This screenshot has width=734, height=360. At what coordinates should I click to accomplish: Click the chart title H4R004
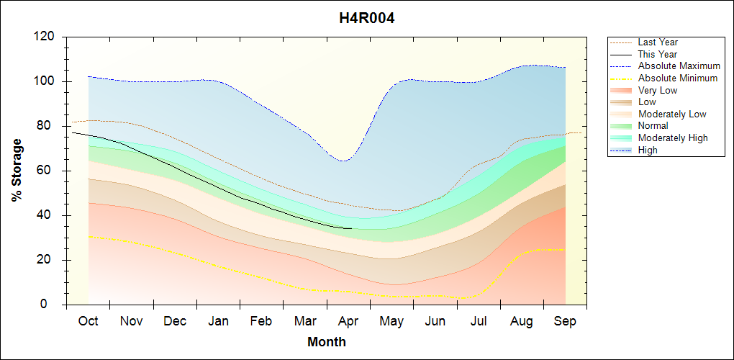click(x=367, y=18)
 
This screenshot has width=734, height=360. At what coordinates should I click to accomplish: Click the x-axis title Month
click(x=326, y=342)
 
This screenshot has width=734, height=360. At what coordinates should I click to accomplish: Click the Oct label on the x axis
click(x=88, y=321)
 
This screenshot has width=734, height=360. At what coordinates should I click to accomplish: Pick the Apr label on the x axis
click(x=348, y=321)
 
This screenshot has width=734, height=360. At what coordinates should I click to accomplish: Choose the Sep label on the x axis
click(x=565, y=321)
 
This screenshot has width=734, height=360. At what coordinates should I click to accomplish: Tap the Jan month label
click(x=218, y=321)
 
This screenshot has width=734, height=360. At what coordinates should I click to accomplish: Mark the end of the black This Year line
click(x=351, y=228)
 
